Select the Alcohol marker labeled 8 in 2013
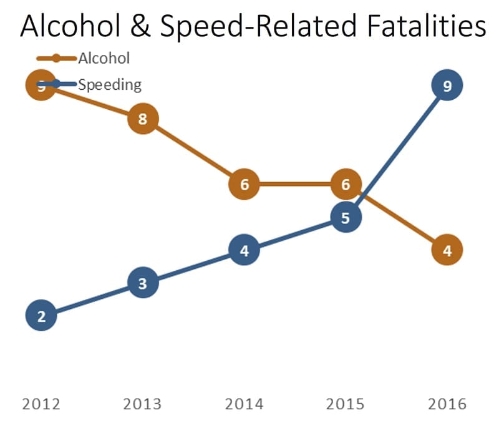[143, 119]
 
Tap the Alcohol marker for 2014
[244, 184]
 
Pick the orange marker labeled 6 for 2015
[346, 184]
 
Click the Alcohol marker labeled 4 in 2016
[447, 250]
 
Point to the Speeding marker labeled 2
[41, 316]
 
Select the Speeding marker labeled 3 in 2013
[143, 283]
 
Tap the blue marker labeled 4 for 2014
[244, 250]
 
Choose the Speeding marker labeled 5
[346, 217]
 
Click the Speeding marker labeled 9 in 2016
[447, 85]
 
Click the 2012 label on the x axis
[41, 404]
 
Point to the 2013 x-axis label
[143, 404]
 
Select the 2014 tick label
[244, 404]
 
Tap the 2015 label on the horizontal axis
[346, 404]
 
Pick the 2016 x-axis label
[447, 404]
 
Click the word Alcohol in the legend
[104, 59]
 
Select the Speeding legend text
[110, 84]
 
